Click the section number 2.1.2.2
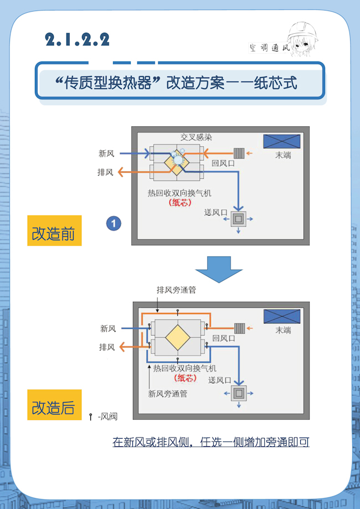(78, 39)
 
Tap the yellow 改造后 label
(54, 408)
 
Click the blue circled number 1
(114, 223)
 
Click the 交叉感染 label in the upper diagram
(196, 137)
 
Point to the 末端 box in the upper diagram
(281, 142)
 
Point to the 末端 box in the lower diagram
(281, 317)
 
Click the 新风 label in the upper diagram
(106, 153)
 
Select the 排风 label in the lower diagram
(107, 347)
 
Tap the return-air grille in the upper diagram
(239, 153)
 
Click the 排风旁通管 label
(177, 290)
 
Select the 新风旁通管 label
(167, 394)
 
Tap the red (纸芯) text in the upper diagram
(180, 203)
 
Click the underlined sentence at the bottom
(210, 442)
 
